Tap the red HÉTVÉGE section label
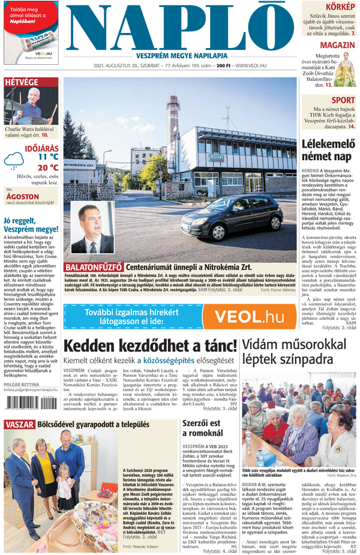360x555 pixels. coord(22,82)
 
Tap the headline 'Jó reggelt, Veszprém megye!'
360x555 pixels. coord(30,223)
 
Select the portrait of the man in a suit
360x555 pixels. coord(91,227)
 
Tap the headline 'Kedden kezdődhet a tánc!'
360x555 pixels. coord(150,346)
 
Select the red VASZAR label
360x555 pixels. coord(19,425)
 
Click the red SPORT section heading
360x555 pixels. coord(343,100)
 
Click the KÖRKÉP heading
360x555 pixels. coord(341,5)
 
